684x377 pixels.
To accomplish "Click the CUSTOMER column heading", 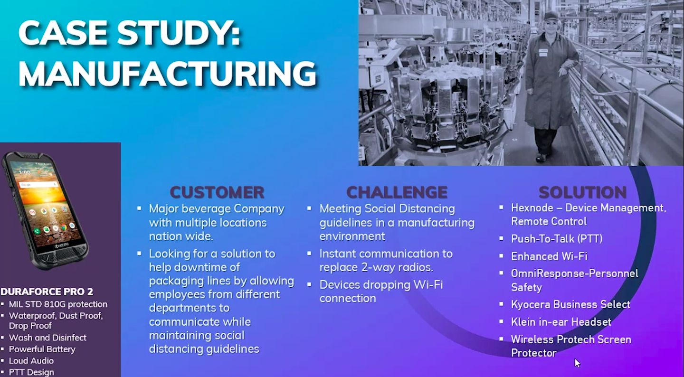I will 217,192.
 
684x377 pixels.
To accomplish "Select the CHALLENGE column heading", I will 397,192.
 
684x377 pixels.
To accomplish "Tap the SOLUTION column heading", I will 582,192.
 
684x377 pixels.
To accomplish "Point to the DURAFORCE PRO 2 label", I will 47,292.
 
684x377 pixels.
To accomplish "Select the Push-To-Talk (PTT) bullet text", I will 556,239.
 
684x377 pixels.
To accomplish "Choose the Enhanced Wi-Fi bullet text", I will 549,256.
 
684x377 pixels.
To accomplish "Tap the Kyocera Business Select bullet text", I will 570,304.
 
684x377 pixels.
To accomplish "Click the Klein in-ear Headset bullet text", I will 560,322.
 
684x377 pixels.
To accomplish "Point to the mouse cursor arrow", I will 577,363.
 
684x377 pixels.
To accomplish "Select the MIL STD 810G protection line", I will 58,304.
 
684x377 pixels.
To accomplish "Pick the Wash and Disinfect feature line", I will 47,338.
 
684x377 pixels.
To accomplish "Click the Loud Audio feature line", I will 31,361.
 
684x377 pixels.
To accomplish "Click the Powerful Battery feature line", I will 42,349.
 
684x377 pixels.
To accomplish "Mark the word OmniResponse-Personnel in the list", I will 574,273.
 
